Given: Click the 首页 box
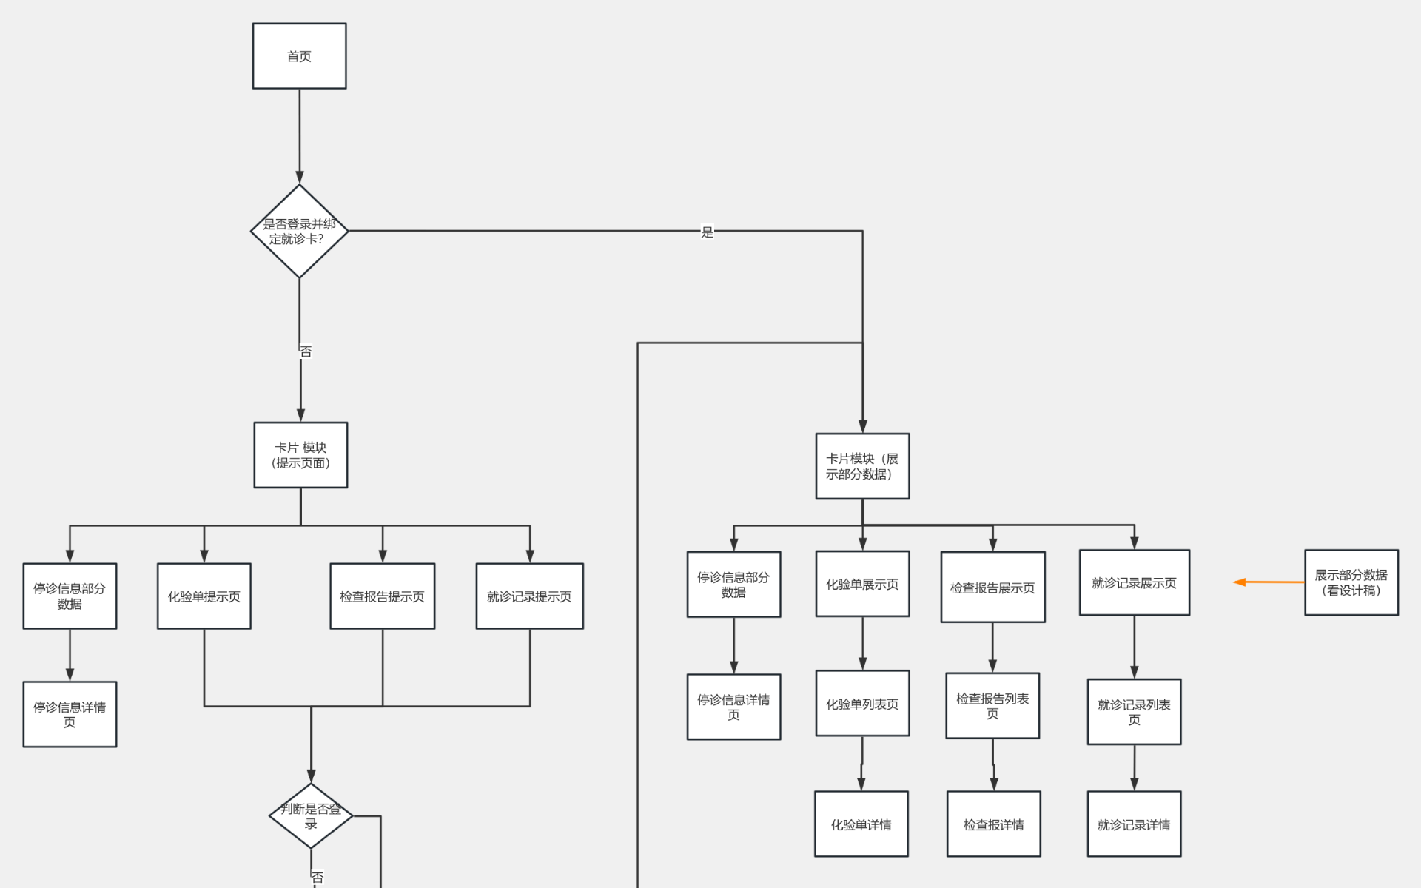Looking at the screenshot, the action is pyautogui.click(x=299, y=56).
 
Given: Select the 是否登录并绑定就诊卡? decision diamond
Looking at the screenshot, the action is pyautogui.click(x=299, y=231).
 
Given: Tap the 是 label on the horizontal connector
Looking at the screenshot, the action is pyautogui.click(x=708, y=232).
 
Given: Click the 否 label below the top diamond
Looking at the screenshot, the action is pyautogui.click(x=306, y=351).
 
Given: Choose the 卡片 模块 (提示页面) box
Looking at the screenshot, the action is pyautogui.click(x=300, y=455).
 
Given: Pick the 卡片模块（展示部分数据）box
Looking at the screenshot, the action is pyautogui.click(x=862, y=466).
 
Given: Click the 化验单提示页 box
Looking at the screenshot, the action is pyautogui.click(x=204, y=596).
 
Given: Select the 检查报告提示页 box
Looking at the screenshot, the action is pyautogui.click(x=383, y=596).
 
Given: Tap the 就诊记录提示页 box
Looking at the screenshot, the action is pyautogui.click(x=530, y=596).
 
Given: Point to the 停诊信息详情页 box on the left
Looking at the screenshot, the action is pyautogui.click(x=70, y=714).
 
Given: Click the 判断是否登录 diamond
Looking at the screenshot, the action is pyautogui.click(x=311, y=816).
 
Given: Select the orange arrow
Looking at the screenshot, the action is pyautogui.click(x=1269, y=582).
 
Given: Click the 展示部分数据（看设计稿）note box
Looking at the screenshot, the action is pyautogui.click(x=1351, y=582).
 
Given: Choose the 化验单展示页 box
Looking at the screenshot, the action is pyautogui.click(x=862, y=584).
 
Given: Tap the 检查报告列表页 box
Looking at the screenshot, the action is pyautogui.click(x=992, y=706).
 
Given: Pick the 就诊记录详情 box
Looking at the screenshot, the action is pyautogui.click(x=1134, y=824).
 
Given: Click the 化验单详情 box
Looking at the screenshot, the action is pyautogui.click(x=861, y=824).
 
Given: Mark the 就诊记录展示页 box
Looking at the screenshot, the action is pyautogui.click(x=1135, y=582).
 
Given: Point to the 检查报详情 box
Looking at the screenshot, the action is pyautogui.click(x=994, y=824).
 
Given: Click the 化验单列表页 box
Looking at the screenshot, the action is pyautogui.click(x=862, y=704).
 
